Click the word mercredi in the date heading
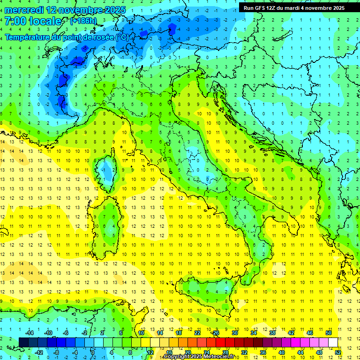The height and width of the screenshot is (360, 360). point(24,9)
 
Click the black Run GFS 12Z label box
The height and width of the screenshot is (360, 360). point(293,7)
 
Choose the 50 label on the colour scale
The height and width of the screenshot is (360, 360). point(328,333)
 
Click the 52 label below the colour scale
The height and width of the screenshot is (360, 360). point(338,352)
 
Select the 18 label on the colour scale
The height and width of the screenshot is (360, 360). point(179,333)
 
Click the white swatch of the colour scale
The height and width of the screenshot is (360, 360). point(333,342)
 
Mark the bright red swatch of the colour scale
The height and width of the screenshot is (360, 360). point(221,342)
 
